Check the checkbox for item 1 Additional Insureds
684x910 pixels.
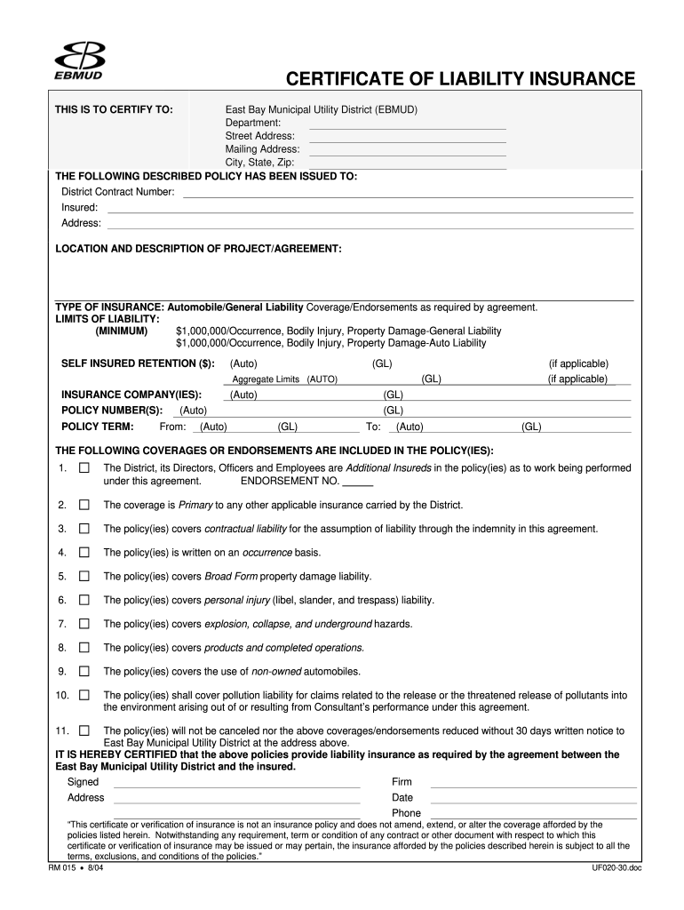[x=84, y=467]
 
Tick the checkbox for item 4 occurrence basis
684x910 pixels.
[x=84, y=552]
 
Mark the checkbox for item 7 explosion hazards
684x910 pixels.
[x=84, y=624]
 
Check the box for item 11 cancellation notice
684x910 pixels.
[x=84, y=730]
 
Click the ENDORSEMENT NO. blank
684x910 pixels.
[x=357, y=481]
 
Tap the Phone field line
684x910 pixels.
[x=533, y=813]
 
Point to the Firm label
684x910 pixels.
[x=402, y=782]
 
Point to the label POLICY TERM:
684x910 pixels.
[x=97, y=427]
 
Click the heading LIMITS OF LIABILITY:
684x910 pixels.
[x=107, y=318]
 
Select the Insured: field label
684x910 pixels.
[x=79, y=207]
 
